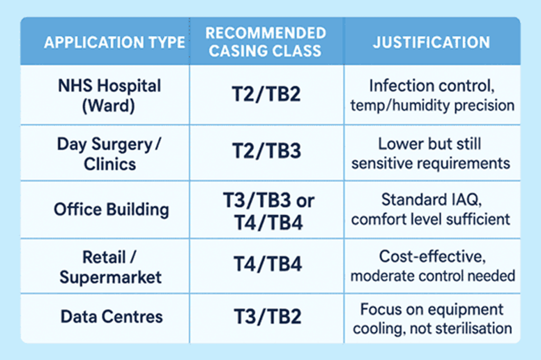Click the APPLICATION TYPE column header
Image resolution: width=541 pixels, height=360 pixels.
coord(114,42)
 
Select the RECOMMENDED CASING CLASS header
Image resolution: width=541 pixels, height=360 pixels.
coord(266,42)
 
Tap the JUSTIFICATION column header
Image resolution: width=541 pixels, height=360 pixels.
coord(431,42)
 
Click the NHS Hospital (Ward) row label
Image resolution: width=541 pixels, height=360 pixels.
coord(109,95)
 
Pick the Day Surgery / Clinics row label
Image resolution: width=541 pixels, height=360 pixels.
coord(109,153)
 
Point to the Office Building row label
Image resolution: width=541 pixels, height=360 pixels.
coord(111,209)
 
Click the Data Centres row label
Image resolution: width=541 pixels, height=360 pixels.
coord(111,317)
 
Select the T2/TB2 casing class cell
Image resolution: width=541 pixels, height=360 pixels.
coord(267,95)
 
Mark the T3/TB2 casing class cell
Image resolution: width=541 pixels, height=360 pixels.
coord(267,317)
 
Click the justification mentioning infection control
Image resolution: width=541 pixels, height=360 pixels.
coord(432,95)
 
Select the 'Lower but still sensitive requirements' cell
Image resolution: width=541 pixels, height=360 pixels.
coord(432,153)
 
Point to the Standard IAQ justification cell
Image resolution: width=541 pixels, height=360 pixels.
coord(432,209)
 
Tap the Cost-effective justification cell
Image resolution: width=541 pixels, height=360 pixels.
coord(432,266)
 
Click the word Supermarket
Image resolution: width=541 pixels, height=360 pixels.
coord(110,277)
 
